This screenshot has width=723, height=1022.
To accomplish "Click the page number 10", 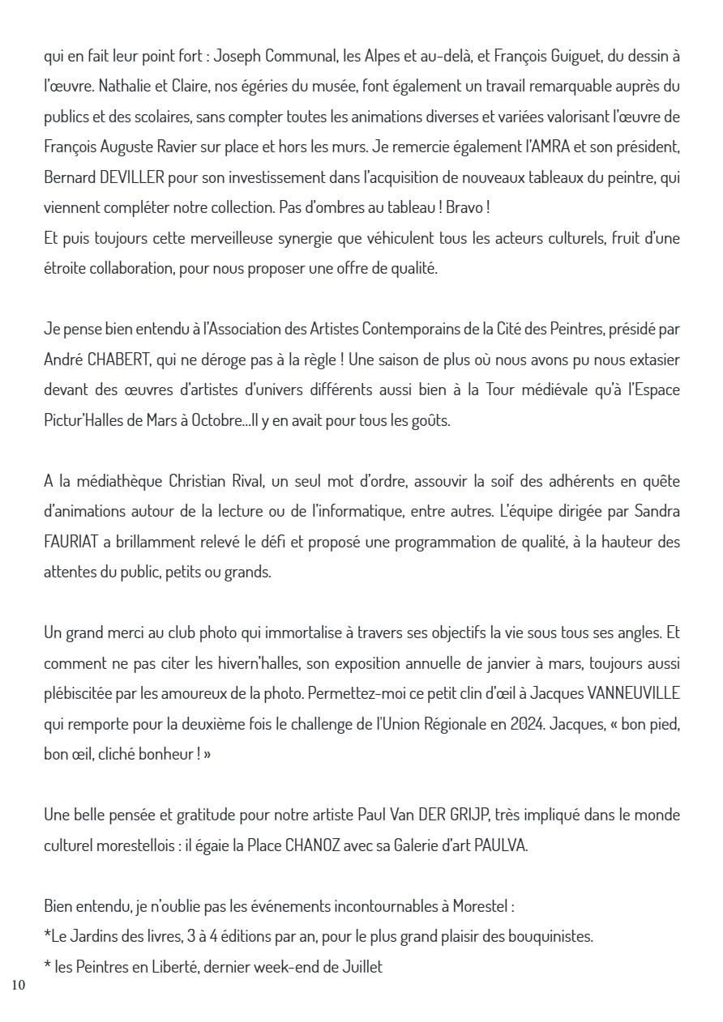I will (19, 985).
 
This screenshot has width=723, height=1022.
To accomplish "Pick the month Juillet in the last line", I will (359, 966).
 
